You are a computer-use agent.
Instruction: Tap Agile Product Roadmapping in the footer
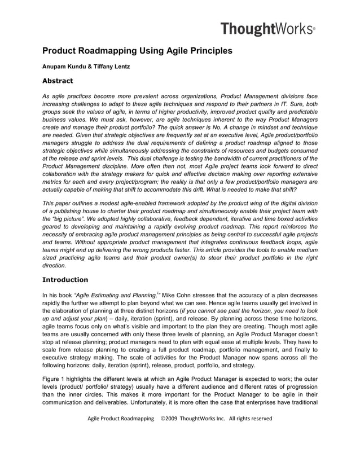coord(120,419)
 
